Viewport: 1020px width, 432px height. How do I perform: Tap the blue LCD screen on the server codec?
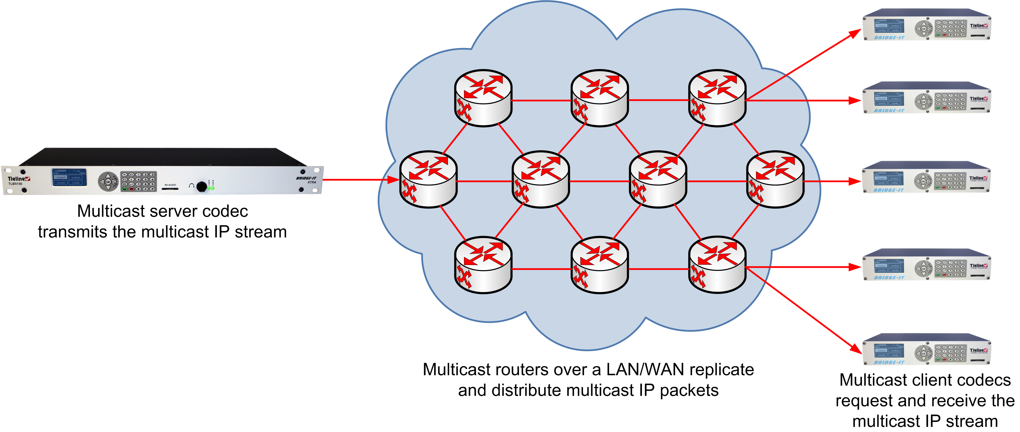click(69, 177)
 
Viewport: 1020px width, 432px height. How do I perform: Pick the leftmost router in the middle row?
click(428, 179)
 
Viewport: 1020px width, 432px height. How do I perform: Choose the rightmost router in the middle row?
click(775, 179)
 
